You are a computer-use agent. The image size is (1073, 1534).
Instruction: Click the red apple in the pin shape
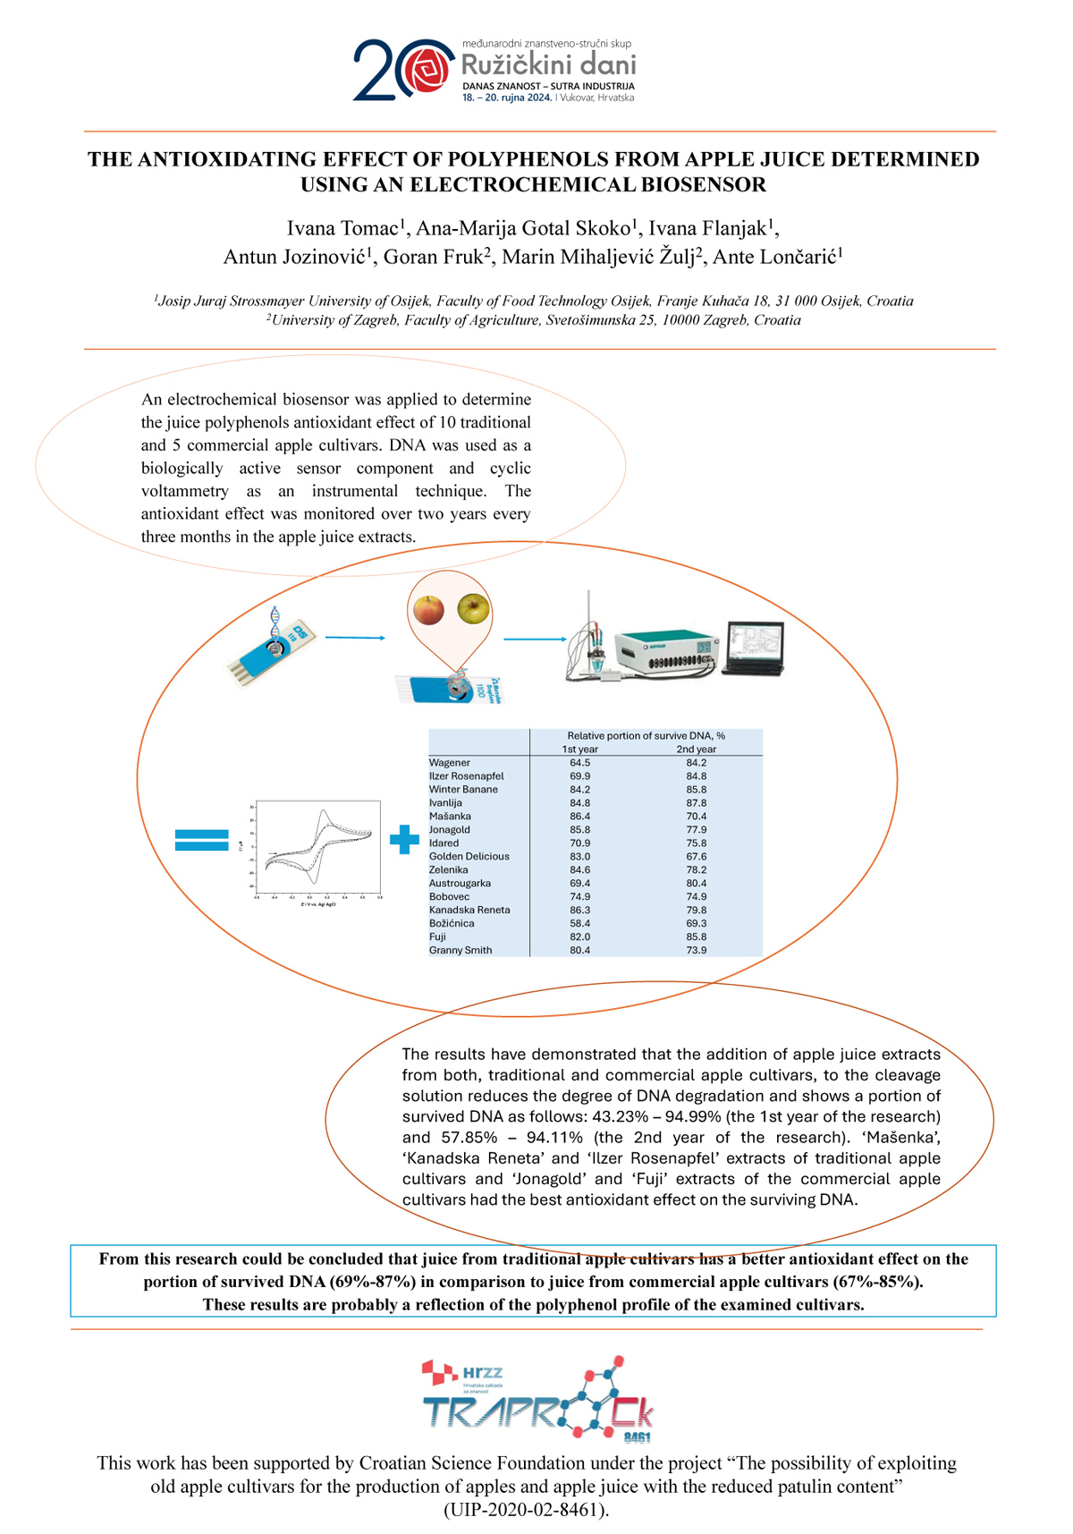pyautogui.click(x=429, y=610)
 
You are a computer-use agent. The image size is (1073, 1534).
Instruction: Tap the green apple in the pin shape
pyautogui.click(x=473, y=608)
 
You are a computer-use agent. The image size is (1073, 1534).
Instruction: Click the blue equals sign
pyautogui.click(x=202, y=840)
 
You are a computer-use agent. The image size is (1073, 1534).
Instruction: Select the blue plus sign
pyautogui.click(x=404, y=839)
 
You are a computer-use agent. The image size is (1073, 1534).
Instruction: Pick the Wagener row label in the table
pyautogui.click(x=450, y=763)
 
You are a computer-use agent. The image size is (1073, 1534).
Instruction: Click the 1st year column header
pyautogui.click(x=579, y=750)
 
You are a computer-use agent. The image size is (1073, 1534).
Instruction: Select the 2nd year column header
pyautogui.click(x=696, y=750)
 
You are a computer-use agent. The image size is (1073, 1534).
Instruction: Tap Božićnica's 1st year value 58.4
pyautogui.click(x=579, y=923)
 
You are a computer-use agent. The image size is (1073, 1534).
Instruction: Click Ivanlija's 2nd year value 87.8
pyautogui.click(x=696, y=803)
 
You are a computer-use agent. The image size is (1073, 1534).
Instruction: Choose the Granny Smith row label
pyautogui.click(x=460, y=950)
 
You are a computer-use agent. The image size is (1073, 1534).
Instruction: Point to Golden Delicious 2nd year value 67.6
pyautogui.click(x=696, y=856)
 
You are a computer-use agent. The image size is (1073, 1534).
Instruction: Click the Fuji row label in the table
pyautogui.click(x=437, y=937)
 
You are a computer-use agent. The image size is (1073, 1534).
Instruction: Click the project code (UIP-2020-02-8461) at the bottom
pyautogui.click(x=527, y=1510)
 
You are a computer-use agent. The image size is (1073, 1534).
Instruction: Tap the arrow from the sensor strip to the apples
pyautogui.click(x=355, y=638)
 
